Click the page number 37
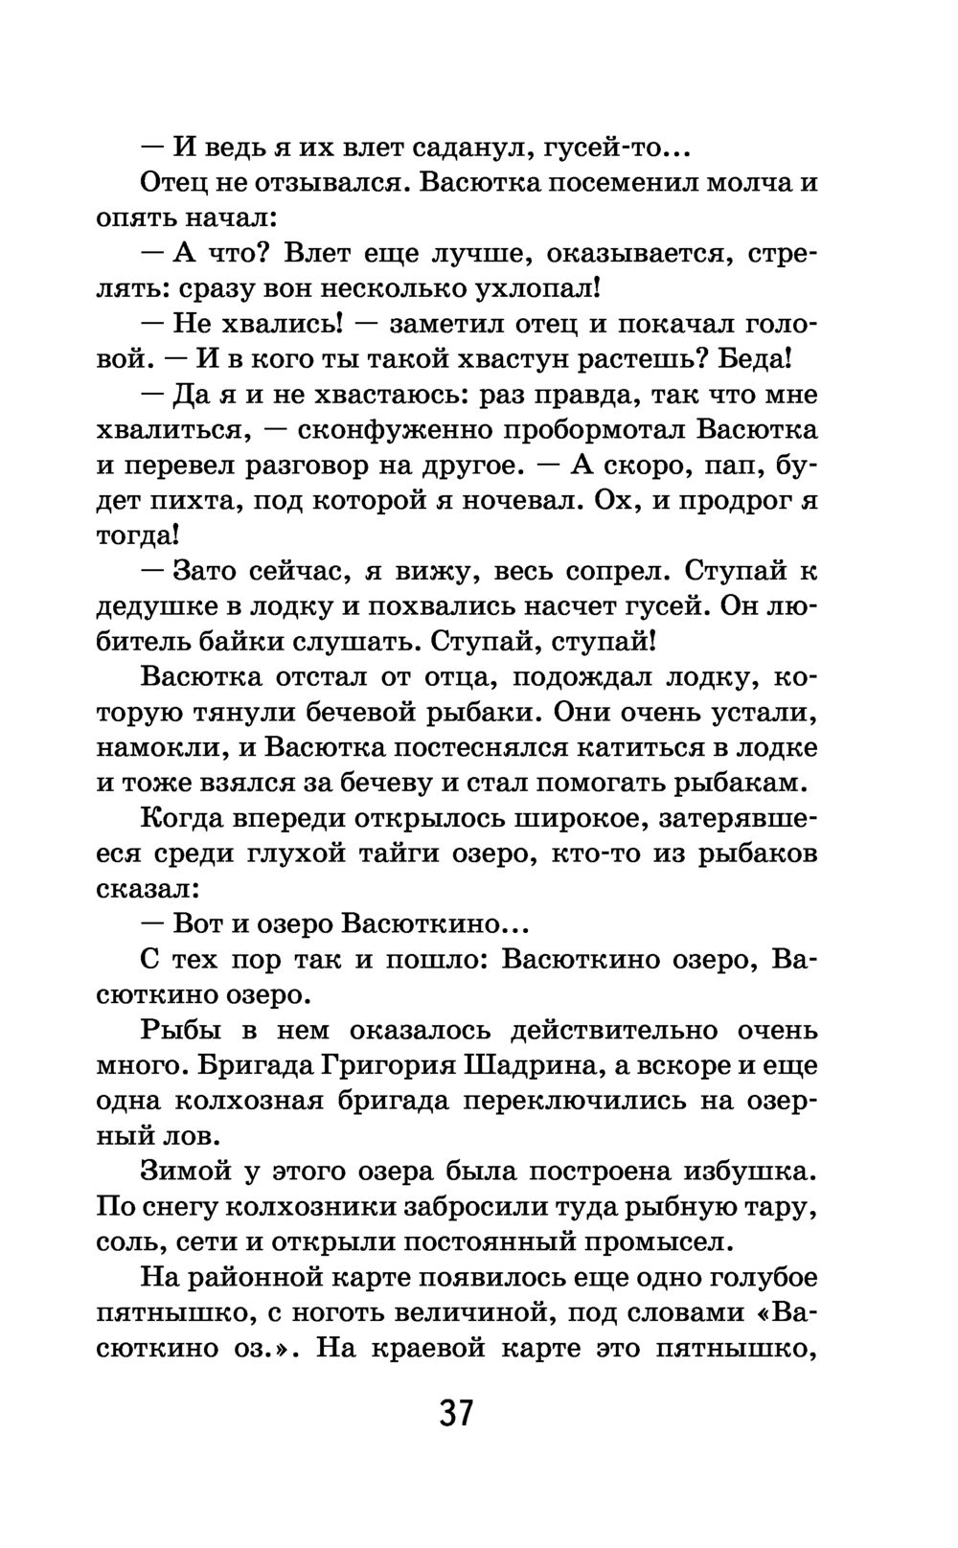tap(457, 1413)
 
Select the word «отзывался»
tap(330, 182)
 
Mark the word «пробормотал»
tap(586, 429)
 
